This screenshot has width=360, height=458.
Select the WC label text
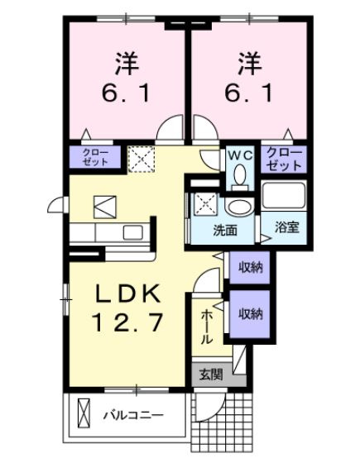coord(240,154)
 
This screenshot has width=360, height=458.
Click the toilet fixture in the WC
coord(240,176)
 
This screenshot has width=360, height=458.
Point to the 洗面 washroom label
coord(224,230)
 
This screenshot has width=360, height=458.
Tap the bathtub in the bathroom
coord(284,197)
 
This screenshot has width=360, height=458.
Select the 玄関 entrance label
coord(210,375)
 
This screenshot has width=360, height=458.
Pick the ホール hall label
coord(206,326)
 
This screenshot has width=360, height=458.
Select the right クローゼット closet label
coord(284,158)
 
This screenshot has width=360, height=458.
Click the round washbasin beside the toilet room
coord(241,206)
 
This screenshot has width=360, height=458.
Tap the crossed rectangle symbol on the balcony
coord(83,413)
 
